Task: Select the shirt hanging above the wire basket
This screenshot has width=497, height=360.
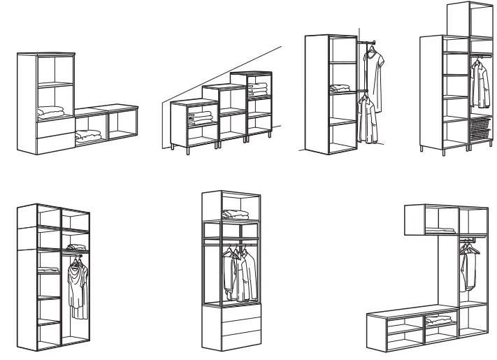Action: (x=479, y=84)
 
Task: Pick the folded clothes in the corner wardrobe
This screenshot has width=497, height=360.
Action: (x=340, y=89)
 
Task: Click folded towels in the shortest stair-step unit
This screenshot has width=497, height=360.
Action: (x=203, y=118)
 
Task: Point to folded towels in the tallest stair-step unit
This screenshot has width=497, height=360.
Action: (x=259, y=89)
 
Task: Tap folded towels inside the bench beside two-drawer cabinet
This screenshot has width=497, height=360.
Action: (x=87, y=136)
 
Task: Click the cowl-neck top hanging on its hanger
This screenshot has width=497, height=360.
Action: (x=77, y=283)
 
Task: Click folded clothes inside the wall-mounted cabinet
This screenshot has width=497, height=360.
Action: (x=442, y=229)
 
